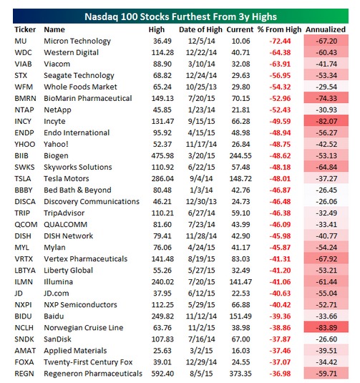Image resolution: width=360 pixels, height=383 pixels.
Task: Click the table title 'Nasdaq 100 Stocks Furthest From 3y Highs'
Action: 180,16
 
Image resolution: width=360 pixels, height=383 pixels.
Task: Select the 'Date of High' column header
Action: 200,29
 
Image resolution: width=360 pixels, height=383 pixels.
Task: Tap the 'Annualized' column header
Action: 326,29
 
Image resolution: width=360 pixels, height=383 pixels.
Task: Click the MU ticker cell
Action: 21,41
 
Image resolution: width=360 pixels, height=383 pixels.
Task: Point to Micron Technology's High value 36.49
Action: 162,41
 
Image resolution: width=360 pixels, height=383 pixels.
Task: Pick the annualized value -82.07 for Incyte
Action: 326,122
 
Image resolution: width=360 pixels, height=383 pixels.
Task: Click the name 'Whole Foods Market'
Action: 80,87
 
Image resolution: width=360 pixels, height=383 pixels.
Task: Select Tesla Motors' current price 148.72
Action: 240,179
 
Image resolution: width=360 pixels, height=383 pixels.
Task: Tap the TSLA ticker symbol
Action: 23,179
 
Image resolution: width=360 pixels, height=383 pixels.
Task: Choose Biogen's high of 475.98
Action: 162,156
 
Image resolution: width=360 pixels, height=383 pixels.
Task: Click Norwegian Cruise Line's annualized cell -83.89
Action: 326,328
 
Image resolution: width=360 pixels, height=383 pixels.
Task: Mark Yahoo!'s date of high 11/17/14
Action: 201,145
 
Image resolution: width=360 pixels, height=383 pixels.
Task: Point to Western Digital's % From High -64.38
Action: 280,52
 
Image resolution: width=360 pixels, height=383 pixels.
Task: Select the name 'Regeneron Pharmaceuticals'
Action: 93,374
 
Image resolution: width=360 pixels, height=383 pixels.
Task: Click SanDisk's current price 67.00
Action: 240,339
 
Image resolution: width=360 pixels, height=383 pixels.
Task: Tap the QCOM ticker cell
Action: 26,225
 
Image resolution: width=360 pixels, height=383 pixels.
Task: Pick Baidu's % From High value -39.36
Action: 280,316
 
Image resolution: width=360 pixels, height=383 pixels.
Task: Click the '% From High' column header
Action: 279,29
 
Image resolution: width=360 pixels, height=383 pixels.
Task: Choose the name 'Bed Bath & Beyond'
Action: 77,190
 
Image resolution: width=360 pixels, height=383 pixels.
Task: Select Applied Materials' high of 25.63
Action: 162,351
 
